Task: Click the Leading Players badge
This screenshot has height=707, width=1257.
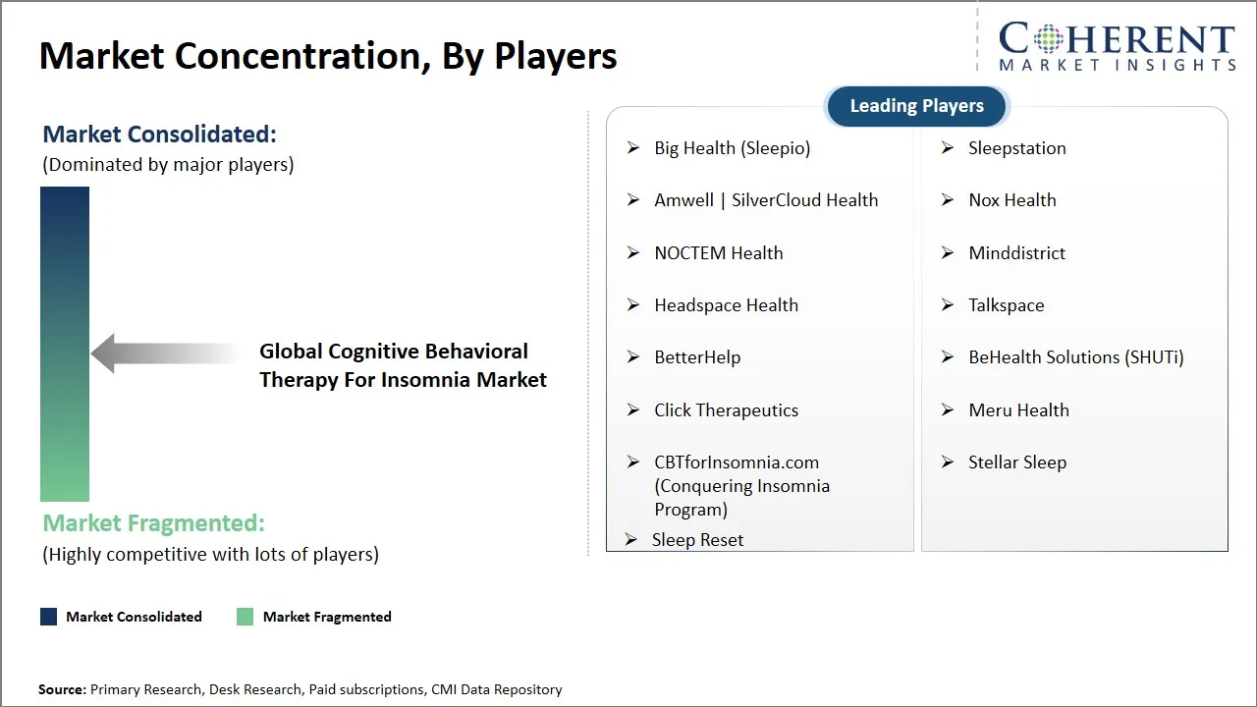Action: (916, 106)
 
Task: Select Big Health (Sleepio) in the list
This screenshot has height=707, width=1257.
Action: (732, 148)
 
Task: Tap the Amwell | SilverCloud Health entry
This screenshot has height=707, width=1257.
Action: (765, 200)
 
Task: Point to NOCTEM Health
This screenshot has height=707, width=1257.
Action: (718, 253)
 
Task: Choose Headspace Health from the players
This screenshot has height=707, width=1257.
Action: (726, 305)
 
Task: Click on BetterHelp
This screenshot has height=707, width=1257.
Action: (697, 357)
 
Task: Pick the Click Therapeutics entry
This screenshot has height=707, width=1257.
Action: (726, 410)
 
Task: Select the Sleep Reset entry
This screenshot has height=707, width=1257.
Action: (697, 540)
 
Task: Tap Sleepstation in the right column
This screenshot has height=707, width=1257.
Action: (1016, 148)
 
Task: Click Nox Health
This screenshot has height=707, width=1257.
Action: (1011, 200)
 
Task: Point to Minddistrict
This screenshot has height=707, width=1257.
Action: (1016, 253)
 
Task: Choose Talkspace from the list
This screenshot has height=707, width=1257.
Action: (1006, 305)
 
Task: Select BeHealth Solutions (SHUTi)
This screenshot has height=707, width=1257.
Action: (1075, 357)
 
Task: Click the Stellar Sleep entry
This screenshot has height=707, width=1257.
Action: (1016, 462)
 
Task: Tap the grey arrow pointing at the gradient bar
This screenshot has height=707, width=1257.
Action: (162, 353)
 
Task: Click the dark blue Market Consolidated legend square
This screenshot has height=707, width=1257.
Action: (48, 617)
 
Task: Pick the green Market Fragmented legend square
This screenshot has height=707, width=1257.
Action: (245, 617)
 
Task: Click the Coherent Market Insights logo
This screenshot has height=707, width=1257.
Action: (1117, 46)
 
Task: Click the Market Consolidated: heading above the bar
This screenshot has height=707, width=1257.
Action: (159, 134)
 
